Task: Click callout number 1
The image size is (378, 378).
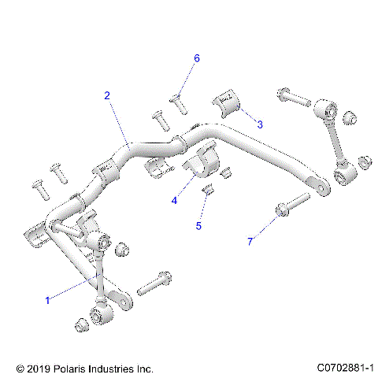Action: [x=48, y=300]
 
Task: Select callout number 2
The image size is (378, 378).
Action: [x=108, y=95]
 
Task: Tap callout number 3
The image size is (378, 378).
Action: [x=259, y=124]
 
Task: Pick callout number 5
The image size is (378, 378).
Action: [x=198, y=226]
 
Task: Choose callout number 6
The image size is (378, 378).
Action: [x=197, y=58]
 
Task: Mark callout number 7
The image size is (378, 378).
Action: [x=250, y=242]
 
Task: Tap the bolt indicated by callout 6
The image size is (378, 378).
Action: [x=176, y=100]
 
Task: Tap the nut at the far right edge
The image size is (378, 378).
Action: [x=364, y=162]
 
